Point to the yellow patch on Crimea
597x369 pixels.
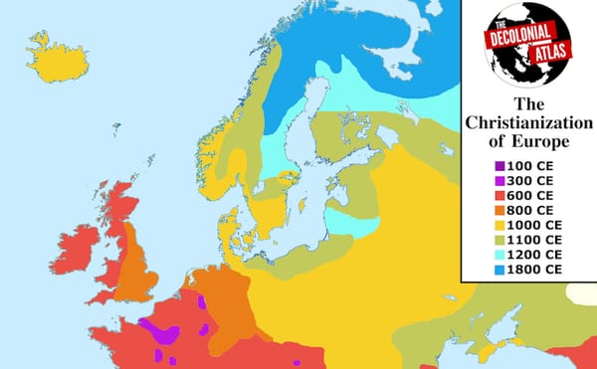click(488, 351)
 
